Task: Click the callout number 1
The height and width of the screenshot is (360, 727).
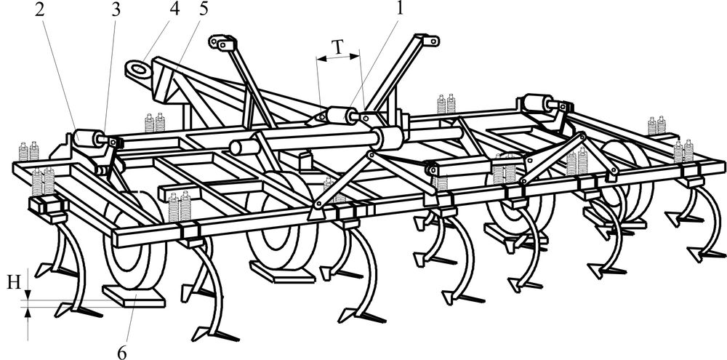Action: click(398, 9)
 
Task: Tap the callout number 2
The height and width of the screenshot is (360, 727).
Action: click(39, 10)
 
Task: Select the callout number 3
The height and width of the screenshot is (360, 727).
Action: click(116, 10)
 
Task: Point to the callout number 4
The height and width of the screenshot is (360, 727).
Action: click(174, 9)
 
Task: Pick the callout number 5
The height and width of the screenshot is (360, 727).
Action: click(203, 9)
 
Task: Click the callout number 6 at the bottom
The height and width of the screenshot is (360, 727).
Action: click(121, 353)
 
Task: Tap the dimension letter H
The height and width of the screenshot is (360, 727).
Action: click(15, 282)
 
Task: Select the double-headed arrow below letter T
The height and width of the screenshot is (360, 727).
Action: click(338, 58)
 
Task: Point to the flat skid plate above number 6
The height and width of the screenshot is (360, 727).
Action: click(134, 296)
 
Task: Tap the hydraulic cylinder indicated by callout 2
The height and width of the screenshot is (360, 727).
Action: click(89, 137)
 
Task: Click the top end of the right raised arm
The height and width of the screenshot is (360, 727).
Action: click(426, 40)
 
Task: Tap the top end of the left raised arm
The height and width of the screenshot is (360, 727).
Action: click(222, 42)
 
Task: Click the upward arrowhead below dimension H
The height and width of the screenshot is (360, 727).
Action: click(28, 313)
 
